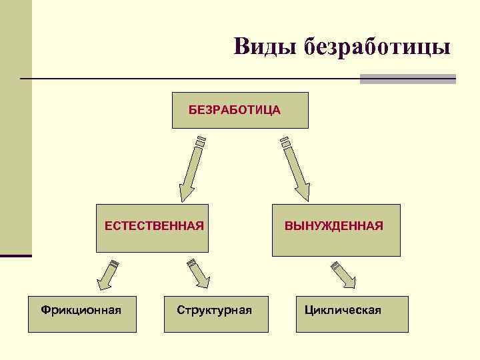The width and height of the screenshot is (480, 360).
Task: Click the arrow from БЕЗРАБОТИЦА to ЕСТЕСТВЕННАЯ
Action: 191,169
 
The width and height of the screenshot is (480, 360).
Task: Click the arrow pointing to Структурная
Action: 199,274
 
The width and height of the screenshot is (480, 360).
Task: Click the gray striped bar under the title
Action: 407,79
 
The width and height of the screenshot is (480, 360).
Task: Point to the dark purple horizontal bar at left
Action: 15,255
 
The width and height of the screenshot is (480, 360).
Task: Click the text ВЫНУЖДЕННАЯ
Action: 334,226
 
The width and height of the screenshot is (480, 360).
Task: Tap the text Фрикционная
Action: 81,309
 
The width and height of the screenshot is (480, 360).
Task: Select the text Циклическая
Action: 343,309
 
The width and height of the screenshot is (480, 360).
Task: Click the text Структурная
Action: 214,309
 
